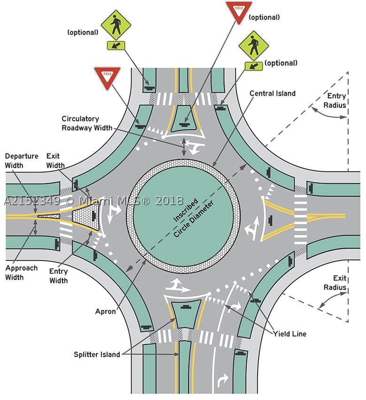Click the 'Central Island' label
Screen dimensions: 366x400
[273, 93]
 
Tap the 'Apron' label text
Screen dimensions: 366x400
[105, 311]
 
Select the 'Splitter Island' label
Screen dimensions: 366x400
[97, 354]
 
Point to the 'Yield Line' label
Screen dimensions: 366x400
[289, 334]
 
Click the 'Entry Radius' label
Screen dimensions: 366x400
[335, 101]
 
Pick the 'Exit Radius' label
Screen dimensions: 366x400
[335, 283]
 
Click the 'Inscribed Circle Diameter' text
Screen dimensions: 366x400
[193, 218]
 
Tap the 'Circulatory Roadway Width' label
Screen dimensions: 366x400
[87, 123]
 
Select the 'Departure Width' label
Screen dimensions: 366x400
[22, 160]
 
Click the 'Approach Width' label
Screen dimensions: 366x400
[22, 272]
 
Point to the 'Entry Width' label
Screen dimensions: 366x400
[59, 276]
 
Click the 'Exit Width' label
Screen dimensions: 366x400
[55, 160]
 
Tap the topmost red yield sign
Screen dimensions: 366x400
[239, 12]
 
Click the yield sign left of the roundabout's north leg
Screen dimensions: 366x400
[107, 78]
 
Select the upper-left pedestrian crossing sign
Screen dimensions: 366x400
[116, 29]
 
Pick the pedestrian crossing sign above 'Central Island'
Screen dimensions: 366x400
[254, 50]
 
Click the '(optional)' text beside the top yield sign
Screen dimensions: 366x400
[264, 17]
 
